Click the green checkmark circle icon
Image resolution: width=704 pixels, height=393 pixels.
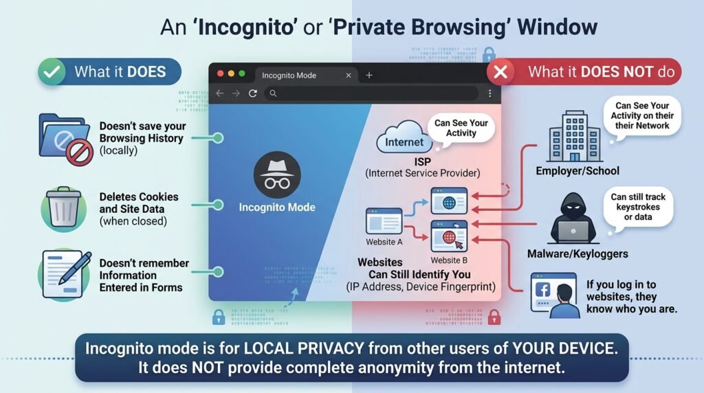52,71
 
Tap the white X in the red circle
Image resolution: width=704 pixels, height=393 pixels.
500,71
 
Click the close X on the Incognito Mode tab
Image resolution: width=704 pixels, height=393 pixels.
349,76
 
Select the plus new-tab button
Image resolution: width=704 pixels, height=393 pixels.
369,76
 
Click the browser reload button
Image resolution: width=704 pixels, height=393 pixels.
253,93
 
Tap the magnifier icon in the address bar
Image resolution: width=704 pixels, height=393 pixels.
273,93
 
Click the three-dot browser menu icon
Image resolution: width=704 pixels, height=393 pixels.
489,93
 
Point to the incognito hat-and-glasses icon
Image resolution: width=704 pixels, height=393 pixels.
277,175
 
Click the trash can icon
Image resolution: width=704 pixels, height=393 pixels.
64,207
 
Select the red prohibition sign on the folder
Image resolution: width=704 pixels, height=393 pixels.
80,152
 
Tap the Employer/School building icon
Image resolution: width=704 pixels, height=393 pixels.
574,137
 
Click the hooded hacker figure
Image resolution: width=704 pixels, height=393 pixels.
573,218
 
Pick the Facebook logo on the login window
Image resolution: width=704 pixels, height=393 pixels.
542,290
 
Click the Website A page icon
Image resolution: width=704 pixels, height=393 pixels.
384,221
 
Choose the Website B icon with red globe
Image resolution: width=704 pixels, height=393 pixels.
449,236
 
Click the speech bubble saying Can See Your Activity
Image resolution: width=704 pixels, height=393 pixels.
461,128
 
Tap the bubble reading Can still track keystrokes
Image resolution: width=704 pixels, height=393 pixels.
638,207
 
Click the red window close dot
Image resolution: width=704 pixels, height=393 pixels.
221,74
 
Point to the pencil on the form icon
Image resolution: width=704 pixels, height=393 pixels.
76,268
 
